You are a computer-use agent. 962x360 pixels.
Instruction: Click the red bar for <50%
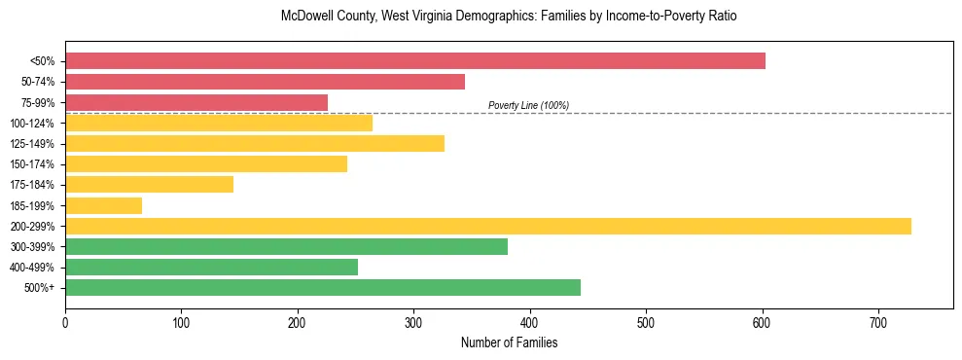[x=415, y=61]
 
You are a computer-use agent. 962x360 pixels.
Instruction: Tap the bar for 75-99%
[x=196, y=102]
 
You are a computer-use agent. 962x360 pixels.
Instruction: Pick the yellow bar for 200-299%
[x=488, y=226]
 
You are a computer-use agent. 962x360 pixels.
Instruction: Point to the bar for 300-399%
[x=286, y=246]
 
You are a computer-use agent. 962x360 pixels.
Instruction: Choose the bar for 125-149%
[x=255, y=144]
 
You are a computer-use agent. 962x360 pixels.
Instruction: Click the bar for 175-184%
[x=149, y=185]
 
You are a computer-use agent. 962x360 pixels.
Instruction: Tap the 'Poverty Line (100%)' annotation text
[x=528, y=105]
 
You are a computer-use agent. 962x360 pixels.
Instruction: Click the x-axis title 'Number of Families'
[x=509, y=343]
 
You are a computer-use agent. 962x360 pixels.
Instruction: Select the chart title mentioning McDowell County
[x=509, y=17]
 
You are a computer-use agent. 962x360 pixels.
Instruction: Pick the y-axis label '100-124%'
[x=33, y=124]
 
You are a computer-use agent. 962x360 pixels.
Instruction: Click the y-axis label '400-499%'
[x=33, y=268]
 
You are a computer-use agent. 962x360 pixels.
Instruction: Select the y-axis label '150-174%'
[x=33, y=164]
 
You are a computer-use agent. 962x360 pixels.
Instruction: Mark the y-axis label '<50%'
[x=43, y=61]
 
